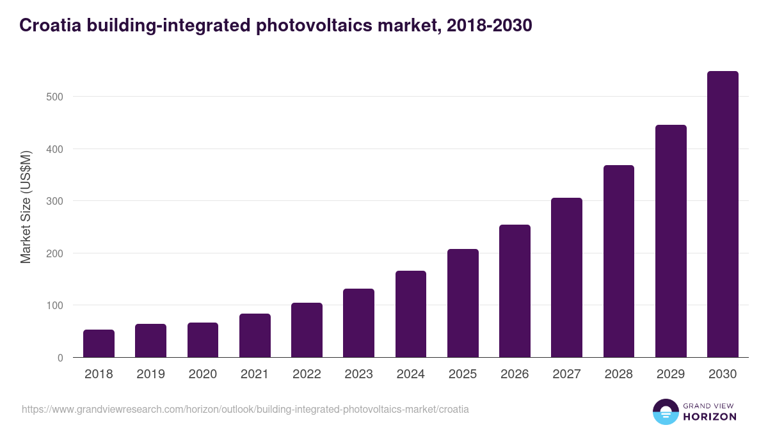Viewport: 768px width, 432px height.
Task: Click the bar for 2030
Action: point(723,214)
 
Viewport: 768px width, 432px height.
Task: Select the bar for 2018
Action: point(99,344)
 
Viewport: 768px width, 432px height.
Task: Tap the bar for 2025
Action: point(463,303)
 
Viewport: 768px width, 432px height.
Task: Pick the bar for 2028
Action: point(619,261)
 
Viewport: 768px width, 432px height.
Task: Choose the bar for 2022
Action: point(307,330)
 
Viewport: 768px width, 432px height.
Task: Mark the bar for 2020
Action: point(203,340)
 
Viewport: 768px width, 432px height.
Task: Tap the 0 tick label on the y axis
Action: point(60,358)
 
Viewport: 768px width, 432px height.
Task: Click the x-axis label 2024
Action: point(410,374)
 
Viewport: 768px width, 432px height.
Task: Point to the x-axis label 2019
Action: point(150,374)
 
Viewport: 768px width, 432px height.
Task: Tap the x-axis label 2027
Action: point(566,374)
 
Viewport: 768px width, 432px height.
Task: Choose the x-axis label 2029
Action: point(671,374)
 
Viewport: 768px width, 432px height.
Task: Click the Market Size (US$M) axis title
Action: point(26,207)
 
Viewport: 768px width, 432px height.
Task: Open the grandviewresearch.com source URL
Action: point(245,409)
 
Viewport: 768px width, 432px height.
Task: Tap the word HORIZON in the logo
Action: point(710,417)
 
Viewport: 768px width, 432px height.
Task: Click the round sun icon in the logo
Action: point(666,412)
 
